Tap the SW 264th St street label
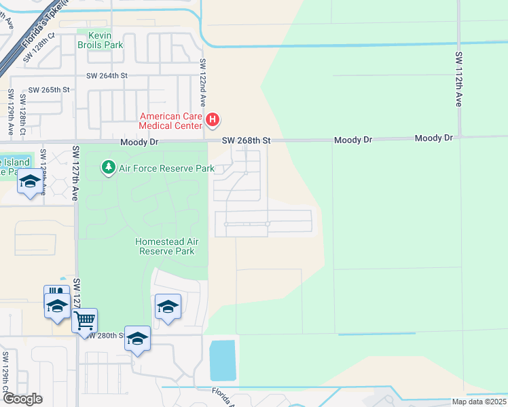[x=107, y=77]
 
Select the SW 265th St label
[x=49, y=90]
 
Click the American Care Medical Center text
[x=170, y=121]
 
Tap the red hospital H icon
[x=213, y=121]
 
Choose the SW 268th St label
[x=247, y=140]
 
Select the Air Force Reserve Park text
[x=162, y=168]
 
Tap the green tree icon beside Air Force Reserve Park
[x=107, y=166]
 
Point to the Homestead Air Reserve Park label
[x=165, y=246]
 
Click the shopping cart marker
[x=85, y=319]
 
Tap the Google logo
[x=22, y=399]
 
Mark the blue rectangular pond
[x=223, y=360]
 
